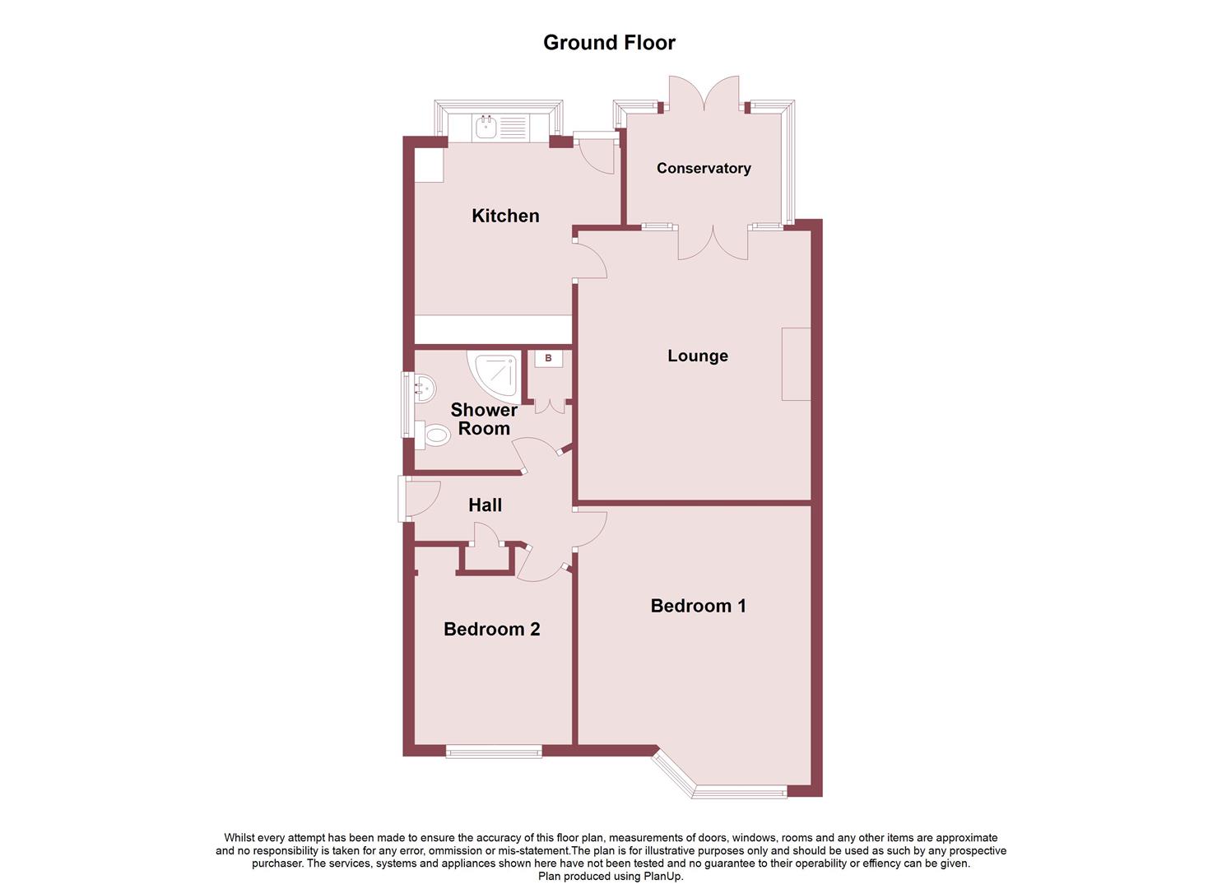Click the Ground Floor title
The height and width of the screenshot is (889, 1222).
(609, 43)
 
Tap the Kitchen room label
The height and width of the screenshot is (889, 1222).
(505, 216)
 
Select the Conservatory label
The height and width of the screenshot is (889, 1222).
(704, 168)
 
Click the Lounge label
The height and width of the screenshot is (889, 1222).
(698, 356)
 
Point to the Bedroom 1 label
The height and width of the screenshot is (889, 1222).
(698, 606)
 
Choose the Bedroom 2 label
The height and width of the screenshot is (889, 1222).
(491, 629)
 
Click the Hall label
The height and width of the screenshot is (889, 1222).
(485, 505)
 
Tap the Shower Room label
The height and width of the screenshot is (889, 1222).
(484, 419)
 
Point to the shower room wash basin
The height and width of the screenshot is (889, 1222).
(424, 387)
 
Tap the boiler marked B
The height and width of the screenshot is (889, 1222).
(548, 359)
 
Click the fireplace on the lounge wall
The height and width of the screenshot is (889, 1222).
(796, 364)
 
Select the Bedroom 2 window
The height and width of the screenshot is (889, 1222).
(494, 751)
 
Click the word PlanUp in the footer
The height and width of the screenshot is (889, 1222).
(664, 877)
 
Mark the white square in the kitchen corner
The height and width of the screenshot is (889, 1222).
(428, 165)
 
